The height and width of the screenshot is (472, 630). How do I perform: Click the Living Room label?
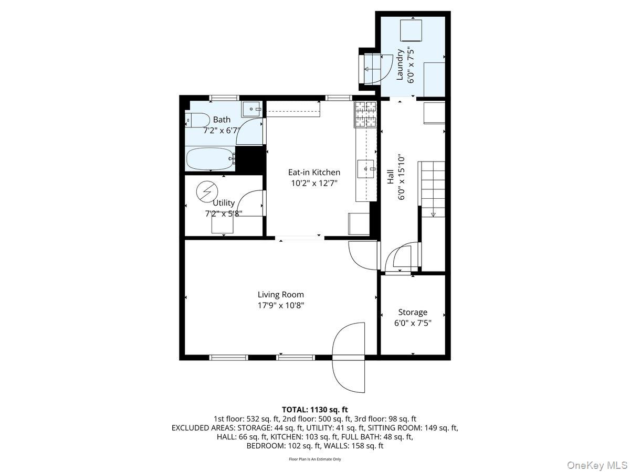coord(280,295)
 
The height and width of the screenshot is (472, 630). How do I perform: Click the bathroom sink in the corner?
coord(251,109)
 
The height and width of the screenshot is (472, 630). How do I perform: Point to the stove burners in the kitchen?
coord(366,114)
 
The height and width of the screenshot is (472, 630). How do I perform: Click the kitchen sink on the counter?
coord(366,169)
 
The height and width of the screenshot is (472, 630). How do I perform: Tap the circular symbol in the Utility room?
coord(204,191)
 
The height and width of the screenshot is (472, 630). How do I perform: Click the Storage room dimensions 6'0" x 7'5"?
coord(413,323)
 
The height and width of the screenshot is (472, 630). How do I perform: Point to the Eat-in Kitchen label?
coord(314,172)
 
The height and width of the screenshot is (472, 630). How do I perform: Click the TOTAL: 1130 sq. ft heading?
coord(315,409)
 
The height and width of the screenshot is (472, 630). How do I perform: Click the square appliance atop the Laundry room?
coord(411,30)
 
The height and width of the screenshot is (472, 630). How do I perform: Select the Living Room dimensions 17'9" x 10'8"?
coord(280,305)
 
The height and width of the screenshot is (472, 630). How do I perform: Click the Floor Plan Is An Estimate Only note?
coord(315,459)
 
